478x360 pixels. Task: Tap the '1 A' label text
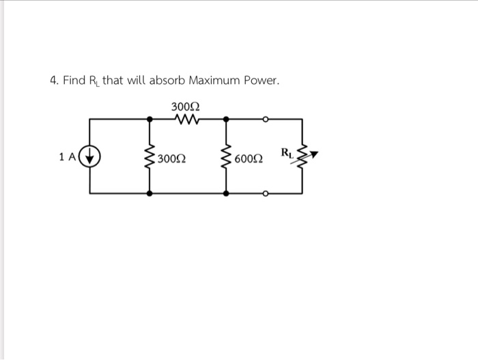pos(68,157)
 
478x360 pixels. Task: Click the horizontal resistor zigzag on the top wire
pos(187,120)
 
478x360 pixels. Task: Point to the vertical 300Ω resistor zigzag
pos(150,158)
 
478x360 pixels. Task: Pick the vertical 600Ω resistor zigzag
pos(225,158)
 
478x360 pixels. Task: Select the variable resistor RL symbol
pos(304,158)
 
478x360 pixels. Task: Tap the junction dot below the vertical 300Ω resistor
pos(150,194)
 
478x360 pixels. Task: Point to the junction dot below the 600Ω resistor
pos(225,194)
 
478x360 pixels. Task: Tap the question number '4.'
pos(55,81)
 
